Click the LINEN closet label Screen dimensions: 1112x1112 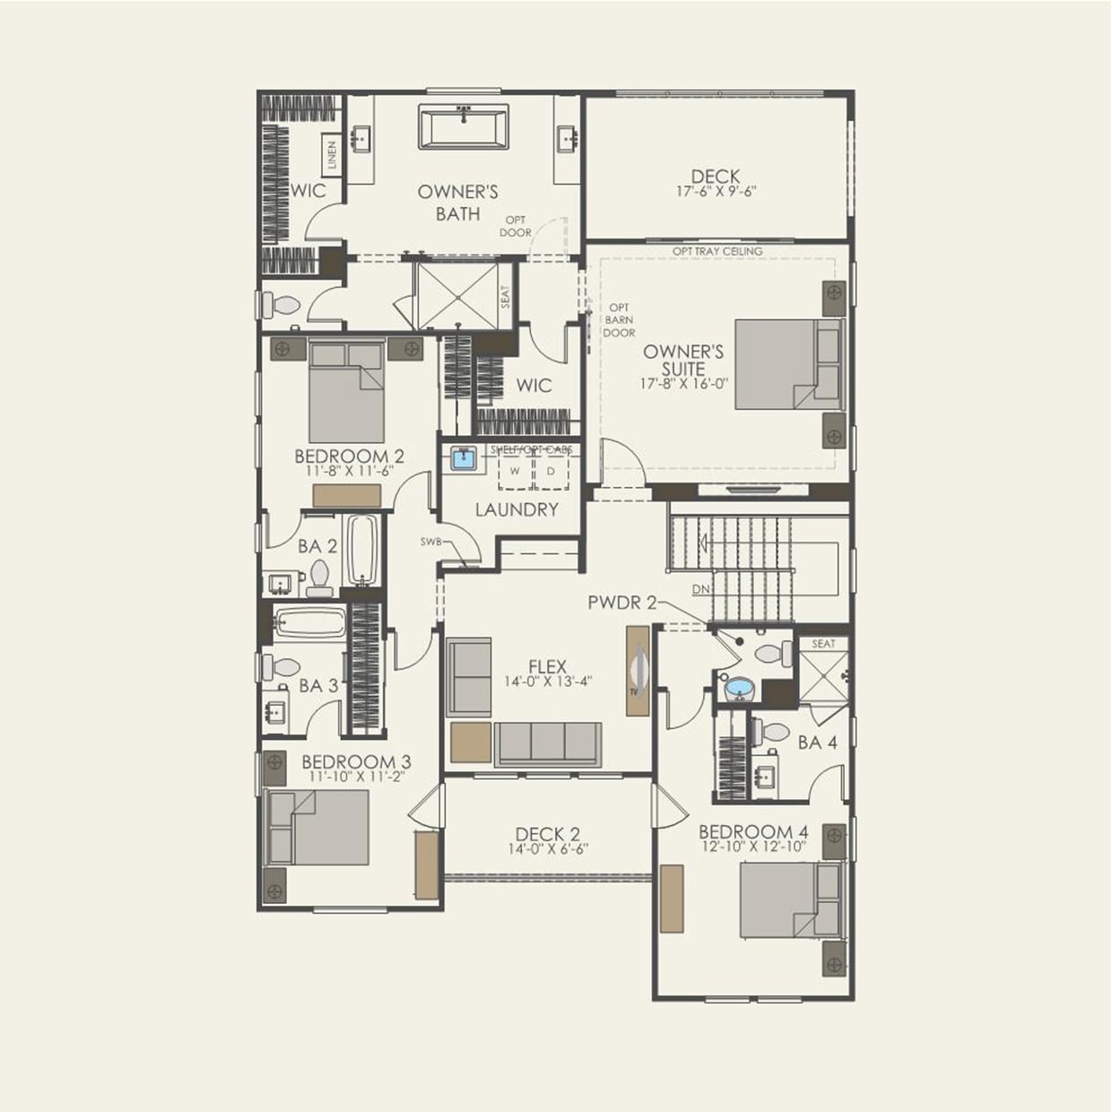point(331,155)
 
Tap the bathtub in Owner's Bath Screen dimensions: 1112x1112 point(464,127)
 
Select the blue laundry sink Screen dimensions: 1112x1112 point(464,460)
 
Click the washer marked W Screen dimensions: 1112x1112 point(515,471)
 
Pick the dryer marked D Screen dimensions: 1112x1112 point(551,471)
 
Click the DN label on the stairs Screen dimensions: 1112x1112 point(701,589)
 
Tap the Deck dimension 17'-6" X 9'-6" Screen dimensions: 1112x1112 point(716,191)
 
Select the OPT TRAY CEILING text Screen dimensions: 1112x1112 point(717,251)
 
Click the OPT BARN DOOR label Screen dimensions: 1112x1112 point(619,320)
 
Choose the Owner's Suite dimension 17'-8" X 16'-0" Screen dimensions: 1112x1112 point(683,384)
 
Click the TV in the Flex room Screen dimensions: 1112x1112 point(638,670)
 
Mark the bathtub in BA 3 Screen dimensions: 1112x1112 point(309,622)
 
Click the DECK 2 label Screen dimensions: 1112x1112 point(547,834)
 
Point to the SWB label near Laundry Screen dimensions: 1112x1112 point(430,542)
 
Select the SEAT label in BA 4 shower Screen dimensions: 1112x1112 point(823,644)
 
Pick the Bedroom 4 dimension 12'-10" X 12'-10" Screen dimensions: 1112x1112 point(752,847)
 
